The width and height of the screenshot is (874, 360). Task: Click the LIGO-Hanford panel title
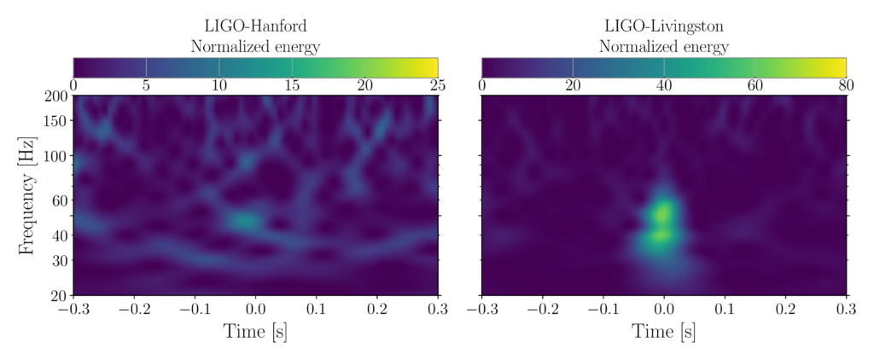255,26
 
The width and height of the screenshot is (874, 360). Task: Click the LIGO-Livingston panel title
663,26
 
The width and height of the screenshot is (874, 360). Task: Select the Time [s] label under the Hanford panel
255,332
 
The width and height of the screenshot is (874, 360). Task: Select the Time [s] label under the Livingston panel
663,332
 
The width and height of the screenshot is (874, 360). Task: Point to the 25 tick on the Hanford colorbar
437,86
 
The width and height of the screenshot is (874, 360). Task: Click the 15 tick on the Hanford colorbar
292,86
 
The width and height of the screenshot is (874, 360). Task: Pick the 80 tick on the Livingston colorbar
845,86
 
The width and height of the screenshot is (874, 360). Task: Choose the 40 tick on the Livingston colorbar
663,86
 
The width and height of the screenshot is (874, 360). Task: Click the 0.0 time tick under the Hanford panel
255,309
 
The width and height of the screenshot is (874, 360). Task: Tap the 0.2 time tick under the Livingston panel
785,309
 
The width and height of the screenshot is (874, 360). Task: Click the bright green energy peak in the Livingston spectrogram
663,210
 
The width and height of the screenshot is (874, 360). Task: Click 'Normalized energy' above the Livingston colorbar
663,46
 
